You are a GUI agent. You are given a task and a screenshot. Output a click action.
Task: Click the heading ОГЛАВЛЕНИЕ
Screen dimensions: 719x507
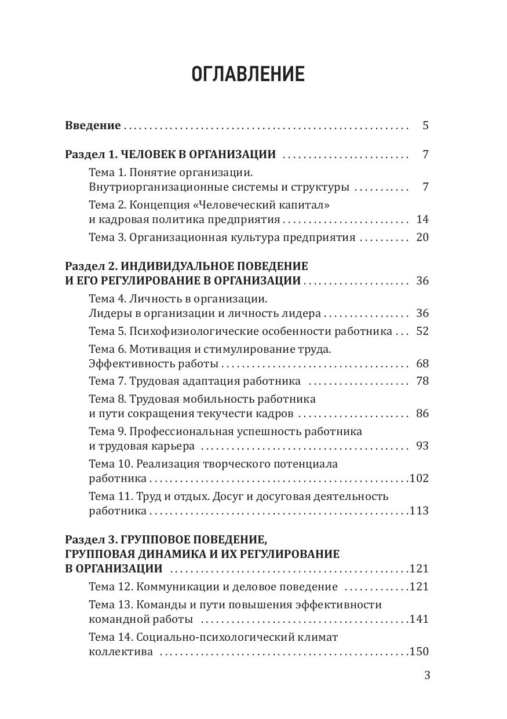248,75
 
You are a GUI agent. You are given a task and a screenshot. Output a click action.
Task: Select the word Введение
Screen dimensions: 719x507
93,125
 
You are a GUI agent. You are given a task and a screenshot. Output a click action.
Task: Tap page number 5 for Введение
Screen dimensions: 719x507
426,125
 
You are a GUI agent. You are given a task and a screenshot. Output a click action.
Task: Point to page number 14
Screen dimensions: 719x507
422,220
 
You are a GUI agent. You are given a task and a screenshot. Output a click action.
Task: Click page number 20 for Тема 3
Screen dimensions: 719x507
422,238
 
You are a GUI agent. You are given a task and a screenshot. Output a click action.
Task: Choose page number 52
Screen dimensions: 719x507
422,331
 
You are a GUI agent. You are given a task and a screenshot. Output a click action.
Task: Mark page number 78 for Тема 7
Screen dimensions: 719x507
422,381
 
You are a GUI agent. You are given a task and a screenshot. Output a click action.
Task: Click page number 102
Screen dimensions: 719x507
419,479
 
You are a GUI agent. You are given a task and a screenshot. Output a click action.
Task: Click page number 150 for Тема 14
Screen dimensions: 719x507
419,652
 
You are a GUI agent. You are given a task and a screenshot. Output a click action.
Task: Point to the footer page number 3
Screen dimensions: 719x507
428,676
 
